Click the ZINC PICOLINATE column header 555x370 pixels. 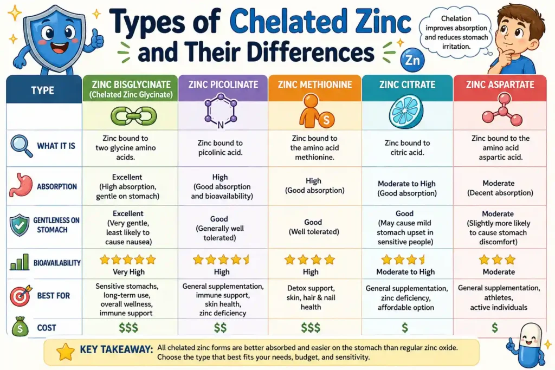point(223,85)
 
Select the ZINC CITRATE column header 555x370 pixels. point(407,85)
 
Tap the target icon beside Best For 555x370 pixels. point(21,296)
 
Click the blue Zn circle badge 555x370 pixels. point(411,60)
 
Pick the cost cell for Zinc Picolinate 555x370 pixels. point(220,327)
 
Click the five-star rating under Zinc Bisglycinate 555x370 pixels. point(127,259)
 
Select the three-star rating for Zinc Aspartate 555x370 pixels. point(496,259)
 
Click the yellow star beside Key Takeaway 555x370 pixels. point(66,352)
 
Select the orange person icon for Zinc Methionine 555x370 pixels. point(312,114)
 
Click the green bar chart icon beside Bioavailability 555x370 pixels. point(20,263)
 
